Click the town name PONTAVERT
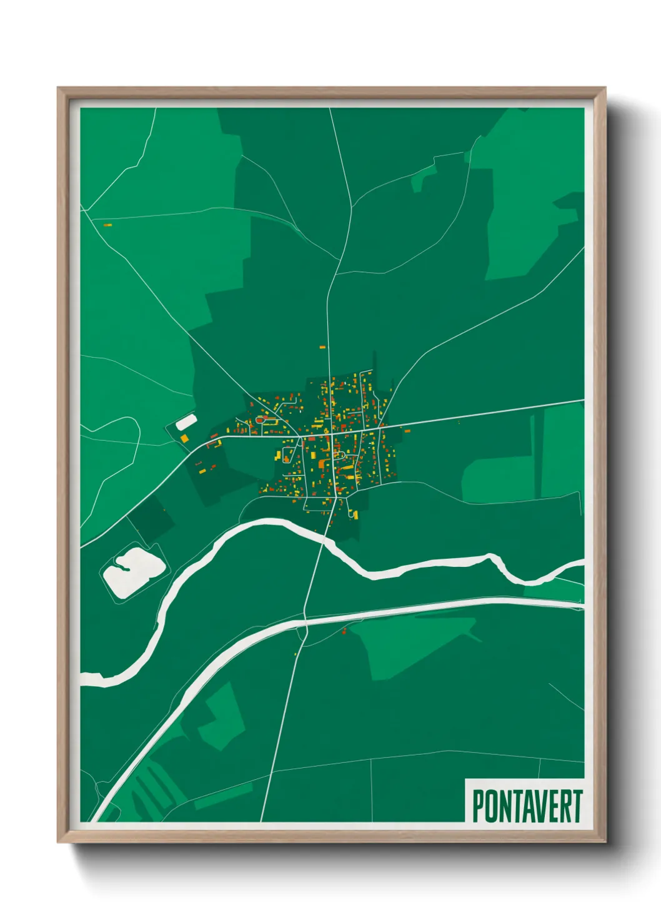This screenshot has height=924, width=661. click(x=527, y=806)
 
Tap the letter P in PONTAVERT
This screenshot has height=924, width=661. click(x=478, y=806)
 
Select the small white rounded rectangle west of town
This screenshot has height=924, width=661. click(x=186, y=423)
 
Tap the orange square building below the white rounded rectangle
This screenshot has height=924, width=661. click(x=184, y=439)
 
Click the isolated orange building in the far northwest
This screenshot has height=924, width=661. click(x=107, y=224)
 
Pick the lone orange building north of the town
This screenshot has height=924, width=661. click(x=322, y=346)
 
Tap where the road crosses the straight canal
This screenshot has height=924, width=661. click(x=305, y=621)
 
